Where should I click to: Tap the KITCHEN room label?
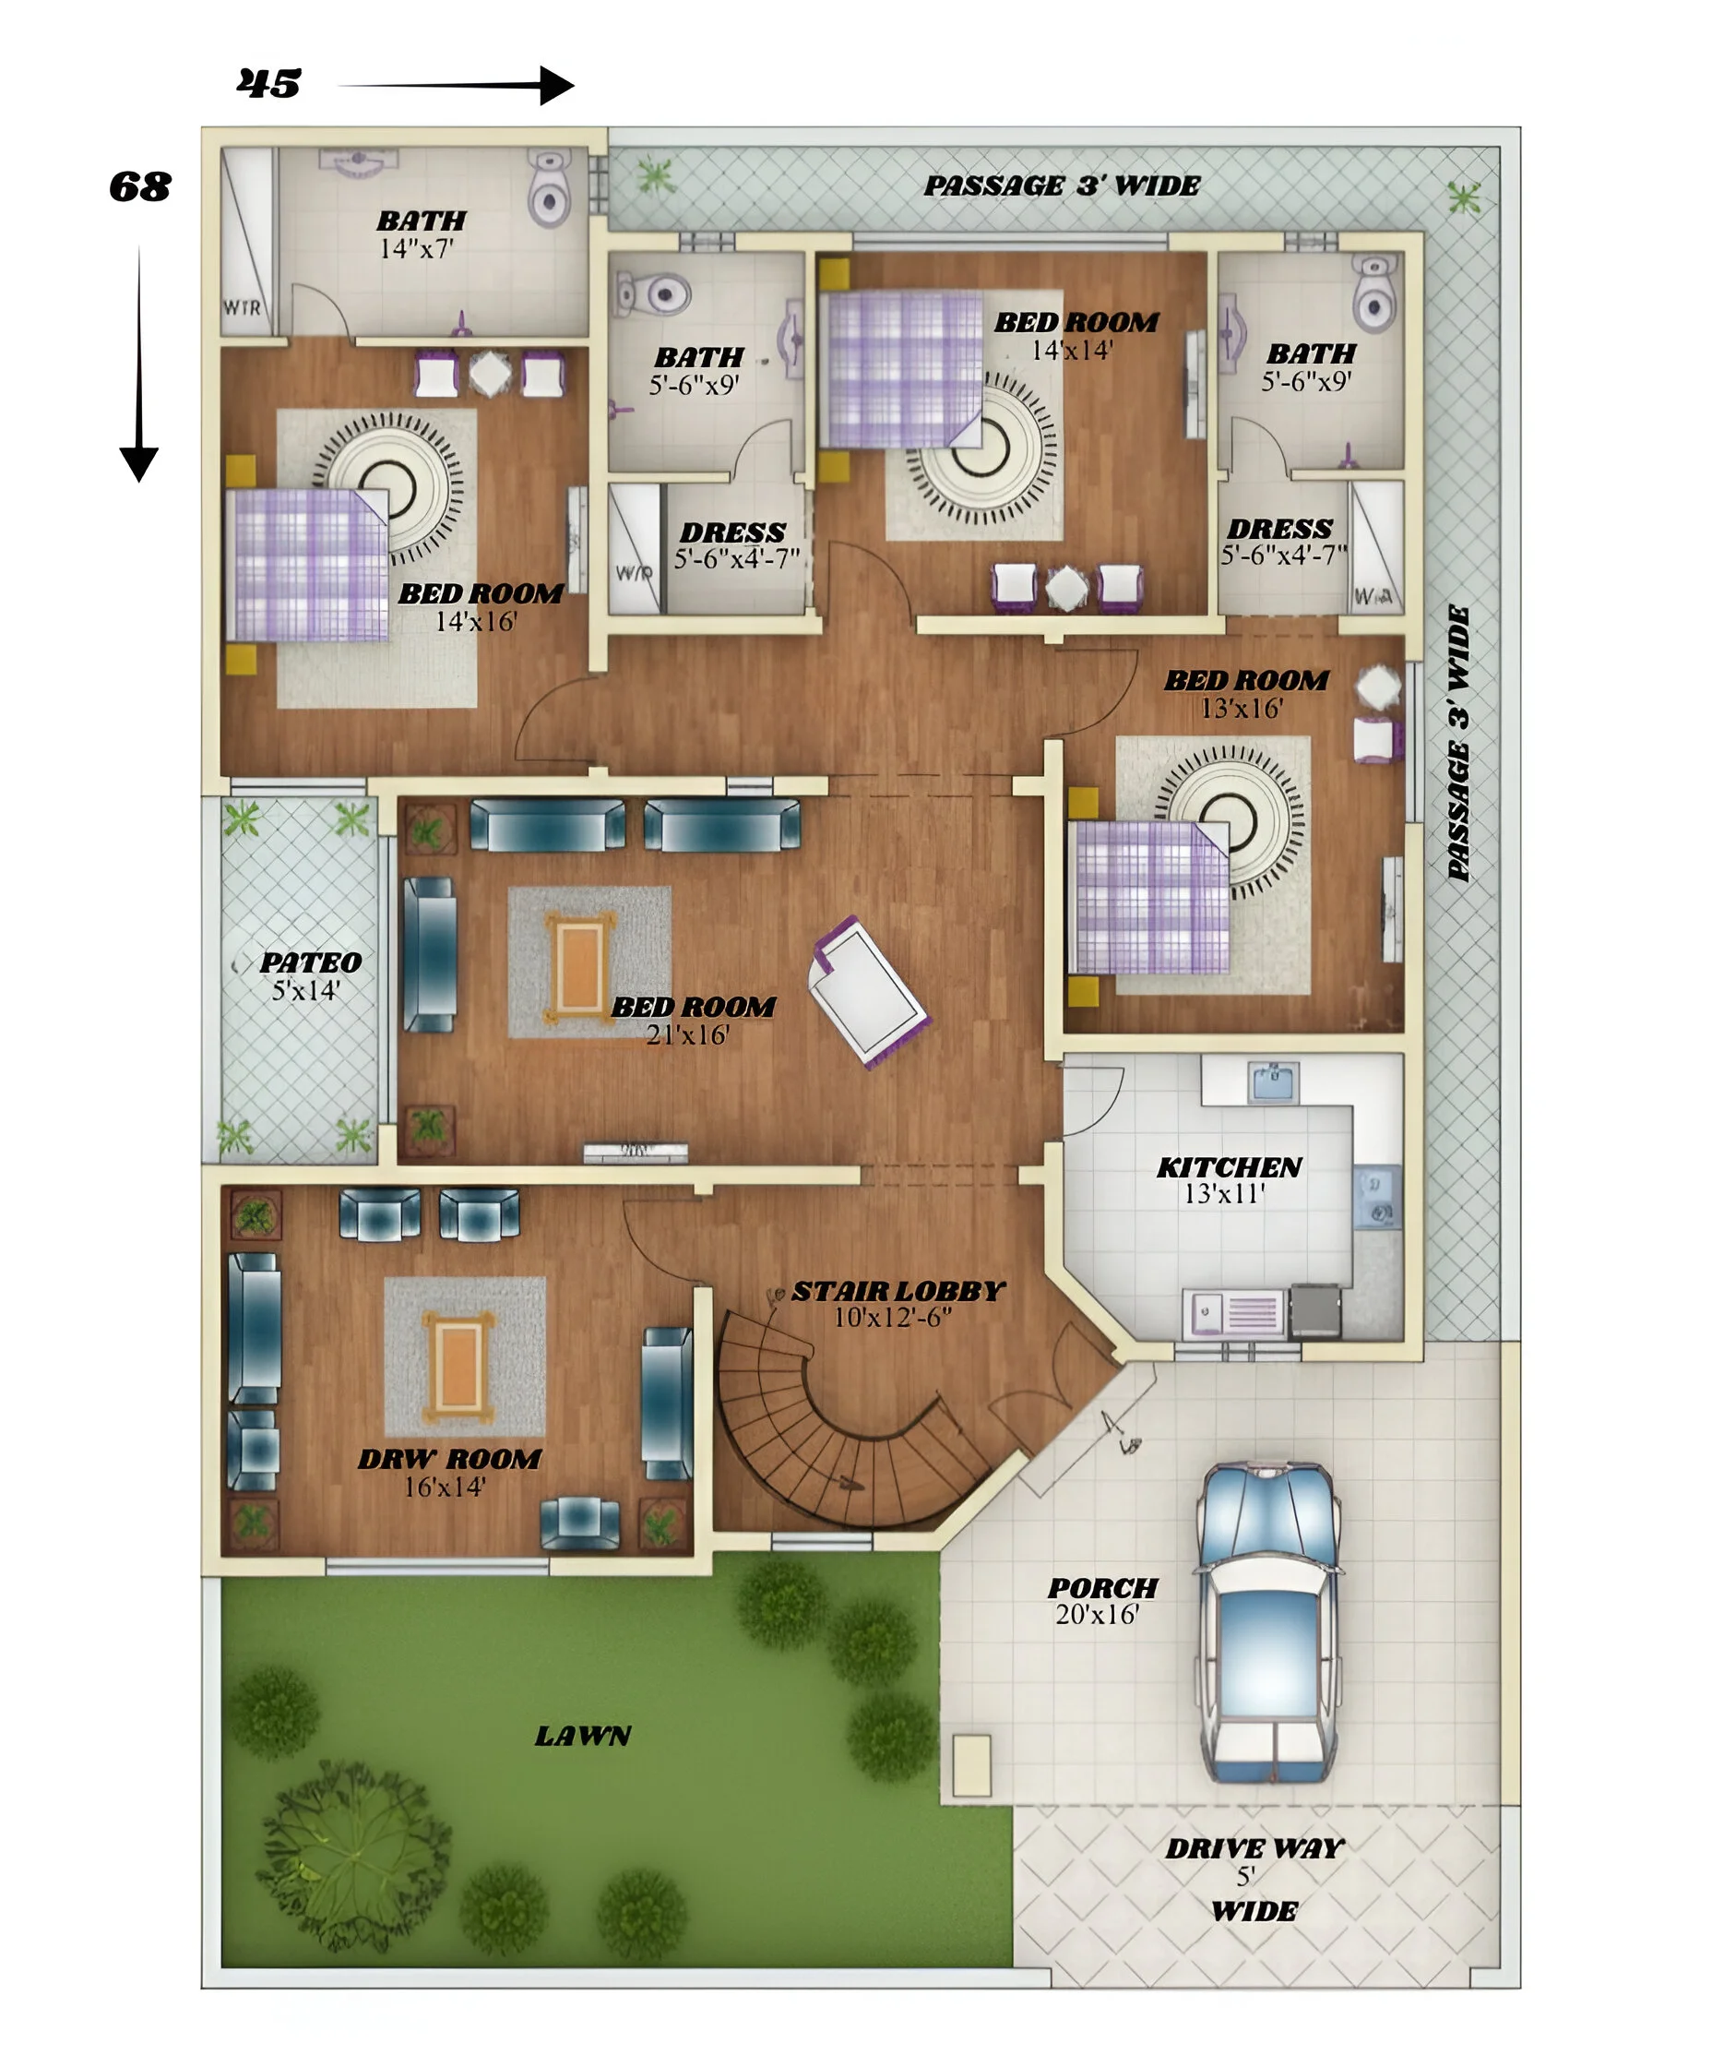[x=1228, y=1167]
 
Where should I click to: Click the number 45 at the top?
[x=268, y=84]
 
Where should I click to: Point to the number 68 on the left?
[x=139, y=187]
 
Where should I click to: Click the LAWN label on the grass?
[x=582, y=1736]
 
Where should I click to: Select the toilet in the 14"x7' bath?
[x=549, y=189]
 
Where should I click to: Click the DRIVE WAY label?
[x=1254, y=1848]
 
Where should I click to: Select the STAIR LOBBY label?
[x=898, y=1291]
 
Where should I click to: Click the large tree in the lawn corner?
[x=354, y=1860]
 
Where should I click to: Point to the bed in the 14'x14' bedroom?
[x=903, y=370]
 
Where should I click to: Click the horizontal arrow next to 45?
[x=458, y=86]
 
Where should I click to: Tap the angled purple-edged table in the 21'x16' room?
[x=869, y=992]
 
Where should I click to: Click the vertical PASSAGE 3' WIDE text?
[x=1458, y=743]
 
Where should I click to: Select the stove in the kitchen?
[x=1314, y=1310]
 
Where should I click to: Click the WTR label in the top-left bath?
[x=242, y=308]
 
